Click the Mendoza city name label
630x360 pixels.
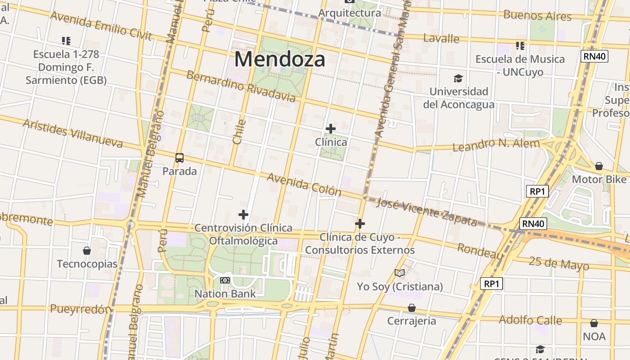point(279,59)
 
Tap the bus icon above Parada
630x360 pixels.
point(180,158)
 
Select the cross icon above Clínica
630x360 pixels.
point(331,129)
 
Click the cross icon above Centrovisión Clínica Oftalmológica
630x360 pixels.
point(243,215)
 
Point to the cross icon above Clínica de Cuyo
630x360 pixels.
point(360,223)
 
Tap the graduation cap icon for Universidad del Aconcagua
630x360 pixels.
point(458,79)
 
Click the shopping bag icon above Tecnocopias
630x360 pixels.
point(87,251)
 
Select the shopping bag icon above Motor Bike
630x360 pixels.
point(598,166)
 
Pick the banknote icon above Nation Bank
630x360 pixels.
point(225,280)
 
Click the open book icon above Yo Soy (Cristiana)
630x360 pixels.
point(400,273)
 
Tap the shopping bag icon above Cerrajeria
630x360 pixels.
point(411,308)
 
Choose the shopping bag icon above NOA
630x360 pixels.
point(594,323)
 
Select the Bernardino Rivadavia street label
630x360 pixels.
point(241,86)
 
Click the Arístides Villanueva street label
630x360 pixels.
point(72,134)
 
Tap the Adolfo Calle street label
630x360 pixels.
point(530,320)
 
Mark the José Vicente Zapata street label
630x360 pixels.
point(426,212)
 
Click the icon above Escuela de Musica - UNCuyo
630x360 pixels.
point(520,46)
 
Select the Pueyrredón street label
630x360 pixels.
point(81,309)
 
